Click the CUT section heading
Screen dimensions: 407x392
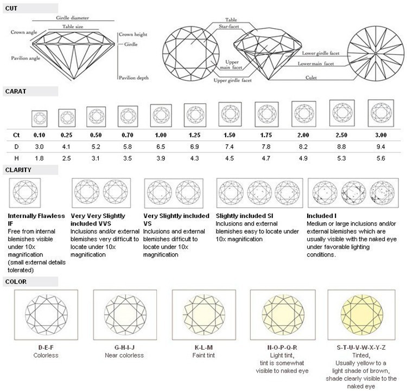coord(11,8)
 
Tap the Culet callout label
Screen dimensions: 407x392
coord(311,77)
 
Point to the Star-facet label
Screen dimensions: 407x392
coord(228,26)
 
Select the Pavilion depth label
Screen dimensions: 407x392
coord(133,78)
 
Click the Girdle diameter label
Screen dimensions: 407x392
coord(72,18)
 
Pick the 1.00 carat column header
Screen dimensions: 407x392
coord(161,135)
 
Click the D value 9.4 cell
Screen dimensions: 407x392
coord(380,147)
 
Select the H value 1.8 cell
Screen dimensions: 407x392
coord(39,158)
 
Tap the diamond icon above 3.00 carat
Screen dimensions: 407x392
coord(381,113)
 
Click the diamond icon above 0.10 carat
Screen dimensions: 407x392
coord(40,119)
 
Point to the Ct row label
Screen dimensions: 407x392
coord(16,135)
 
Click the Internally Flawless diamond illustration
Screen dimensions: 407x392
coord(25,192)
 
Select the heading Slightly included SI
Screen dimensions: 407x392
coord(245,216)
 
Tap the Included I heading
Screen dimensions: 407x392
coord(322,216)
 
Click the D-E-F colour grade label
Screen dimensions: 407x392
coord(46,348)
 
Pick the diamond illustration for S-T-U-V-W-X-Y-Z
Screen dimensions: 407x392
coord(361,314)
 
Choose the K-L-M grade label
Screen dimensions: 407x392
coord(203,348)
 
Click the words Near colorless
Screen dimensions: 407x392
coord(124,355)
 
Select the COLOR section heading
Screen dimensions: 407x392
coord(16,281)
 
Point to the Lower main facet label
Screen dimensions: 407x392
coord(316,63)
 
